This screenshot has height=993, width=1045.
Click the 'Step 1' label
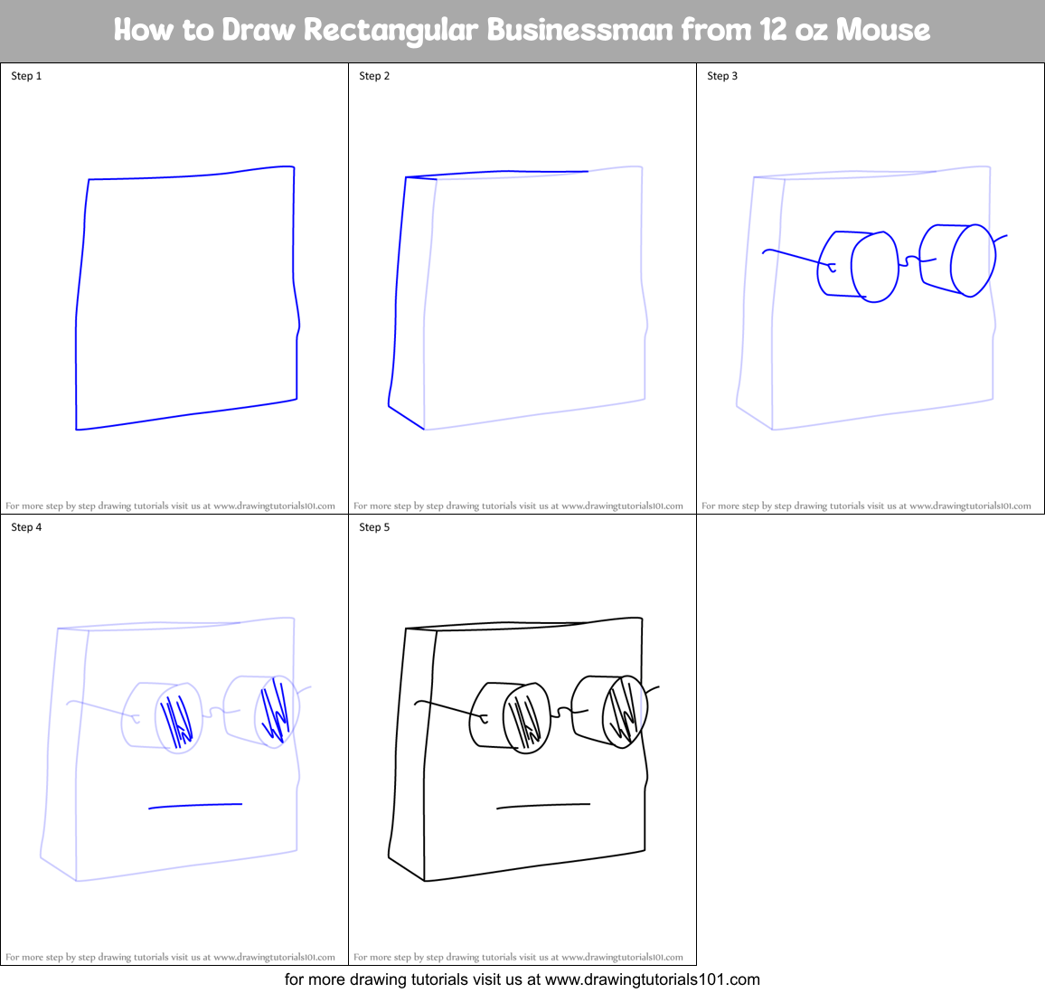pyautogui.click(x=26, y=76)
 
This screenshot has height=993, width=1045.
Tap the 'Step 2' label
pyautogui.click(x=374, y=76)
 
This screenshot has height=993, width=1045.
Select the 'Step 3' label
pyautogui.click(x=722, y=76)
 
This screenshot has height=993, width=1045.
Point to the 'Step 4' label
pyautogui.click(x=26, y=527)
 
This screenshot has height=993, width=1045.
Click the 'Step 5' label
pyautogui.click(x=374, y=527)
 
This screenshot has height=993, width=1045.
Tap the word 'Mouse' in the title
pyautogui.click(x=882, y=30)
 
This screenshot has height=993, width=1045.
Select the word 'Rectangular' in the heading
pyautogui.click(x=390, y=30)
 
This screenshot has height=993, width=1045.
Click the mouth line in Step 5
pyautogui.click(x=543, y=805)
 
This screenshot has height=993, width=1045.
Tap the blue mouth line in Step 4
pyautogui.click(x=195, y=805)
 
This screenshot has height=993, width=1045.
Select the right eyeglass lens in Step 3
pyautogui.click(x=973, y=260)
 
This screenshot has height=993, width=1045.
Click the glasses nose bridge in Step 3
pyautogui.click(x=911, y=260)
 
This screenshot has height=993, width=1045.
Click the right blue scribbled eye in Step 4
pyautogui.click(x=275, y=712)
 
